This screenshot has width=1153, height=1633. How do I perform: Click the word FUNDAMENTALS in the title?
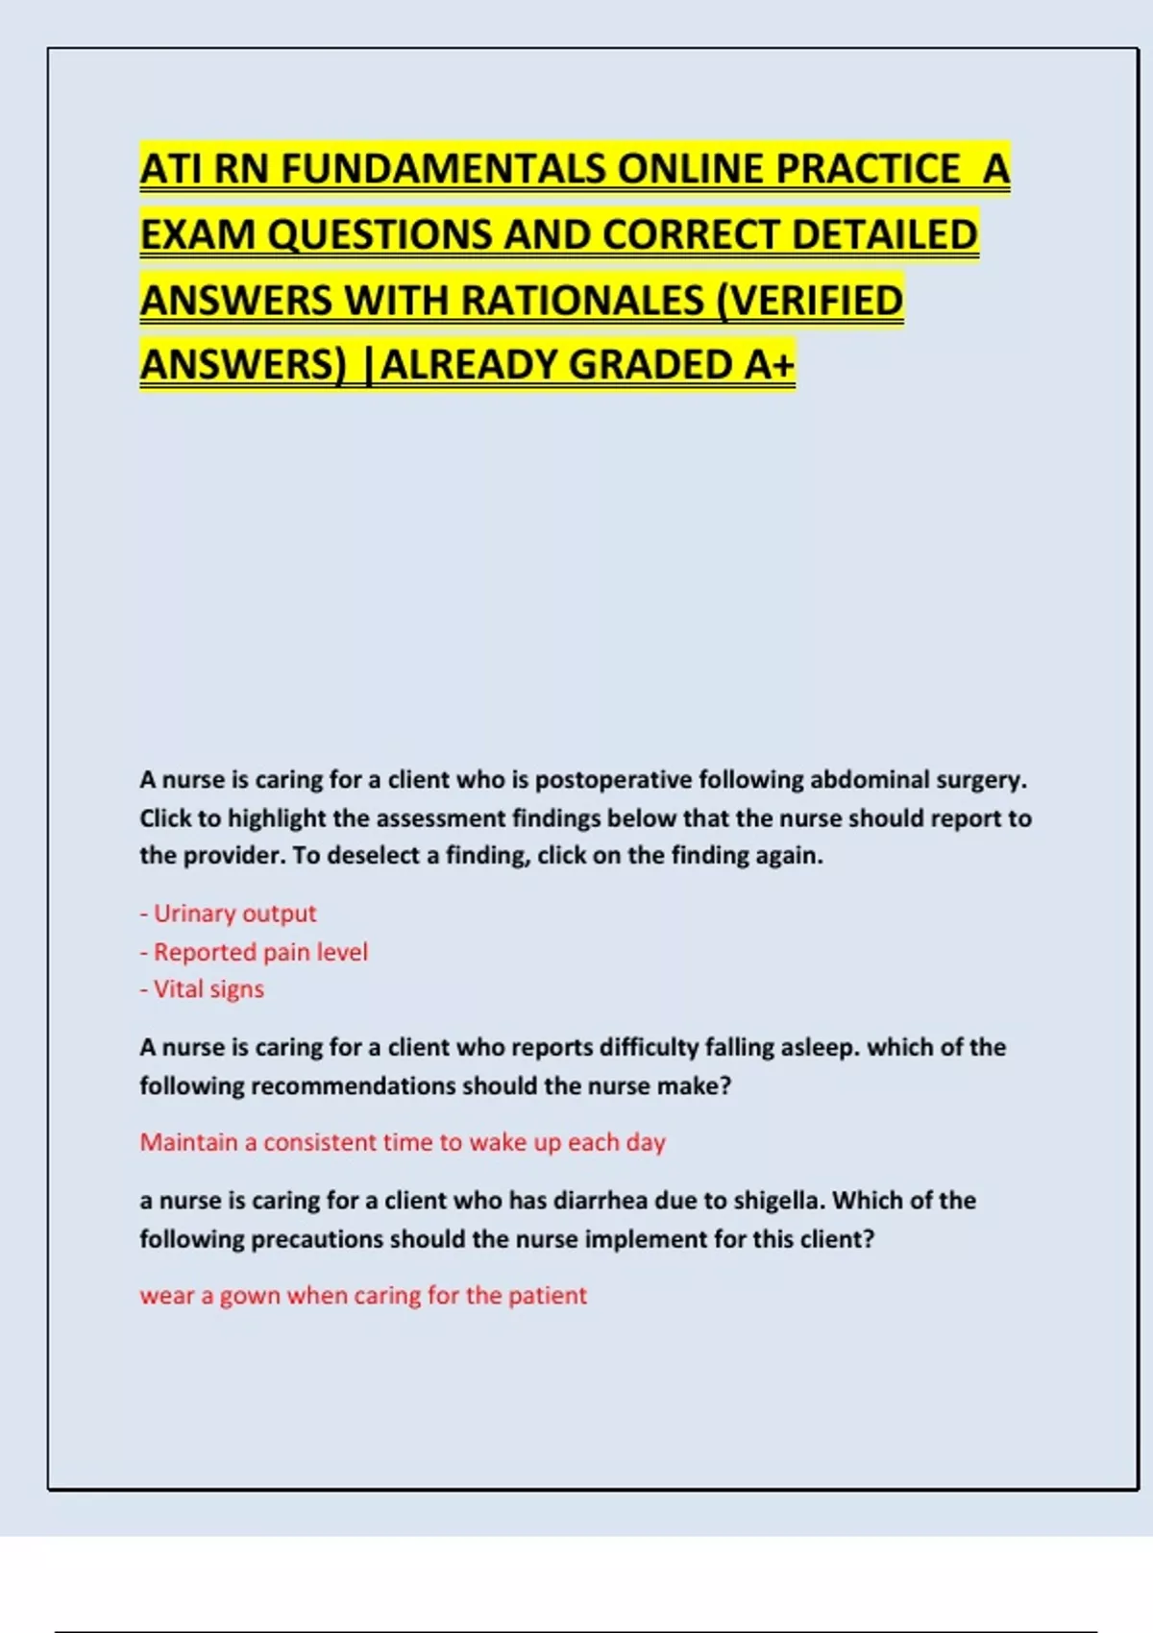click(443, 170)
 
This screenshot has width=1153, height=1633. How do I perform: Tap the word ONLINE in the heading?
click(691, 170)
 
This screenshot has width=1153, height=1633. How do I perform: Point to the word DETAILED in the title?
click(884, 235)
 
